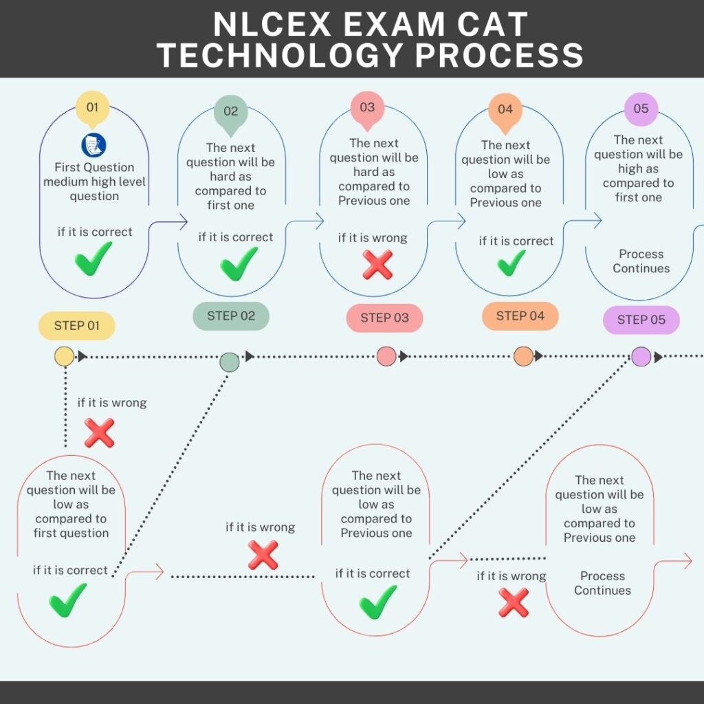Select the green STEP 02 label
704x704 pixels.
231,316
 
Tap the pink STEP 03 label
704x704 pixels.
384,318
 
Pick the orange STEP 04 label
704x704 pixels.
520,316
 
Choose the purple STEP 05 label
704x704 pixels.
641,320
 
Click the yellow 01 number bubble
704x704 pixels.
92,107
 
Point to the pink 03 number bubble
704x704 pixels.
367,107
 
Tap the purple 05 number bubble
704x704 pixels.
641,109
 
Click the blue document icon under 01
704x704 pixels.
93,144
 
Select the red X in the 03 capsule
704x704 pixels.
377,265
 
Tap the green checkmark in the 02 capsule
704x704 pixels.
239,263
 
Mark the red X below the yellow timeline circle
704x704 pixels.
99,433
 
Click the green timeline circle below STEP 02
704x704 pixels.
229,362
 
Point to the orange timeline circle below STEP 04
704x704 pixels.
523,356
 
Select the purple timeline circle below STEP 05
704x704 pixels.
641,356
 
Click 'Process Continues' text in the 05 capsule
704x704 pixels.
641,261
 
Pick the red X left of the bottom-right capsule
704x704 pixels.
513,603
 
